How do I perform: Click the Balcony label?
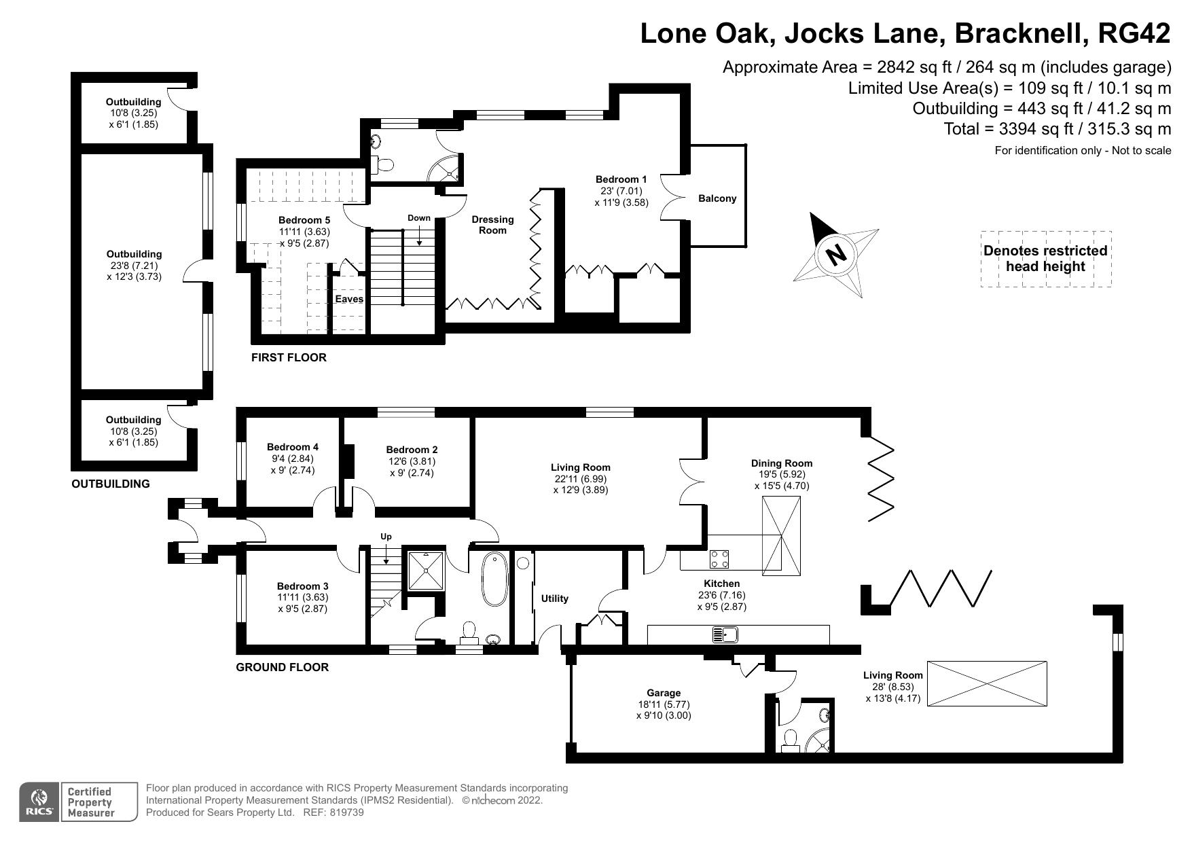coord(717,198)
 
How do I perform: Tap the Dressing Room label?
coord(492,225)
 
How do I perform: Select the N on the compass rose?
coord(835,255)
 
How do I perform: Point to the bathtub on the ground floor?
coord(494,579)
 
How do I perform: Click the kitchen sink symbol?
coord(725,635)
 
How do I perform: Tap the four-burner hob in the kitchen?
coord(720,559)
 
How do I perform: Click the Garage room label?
coord(663,693)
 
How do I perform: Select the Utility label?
coord(554,598)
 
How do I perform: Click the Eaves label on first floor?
coord(349,299)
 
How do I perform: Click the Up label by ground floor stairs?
coord(386,537)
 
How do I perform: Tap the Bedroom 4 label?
coord(292,447)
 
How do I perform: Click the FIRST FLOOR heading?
coord(289,357)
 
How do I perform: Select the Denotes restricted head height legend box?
coord(1045,259)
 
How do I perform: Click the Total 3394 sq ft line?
coord(1057,129)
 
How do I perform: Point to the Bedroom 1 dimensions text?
coord(621,196)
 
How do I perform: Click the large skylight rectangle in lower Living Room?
coord(987,684)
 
